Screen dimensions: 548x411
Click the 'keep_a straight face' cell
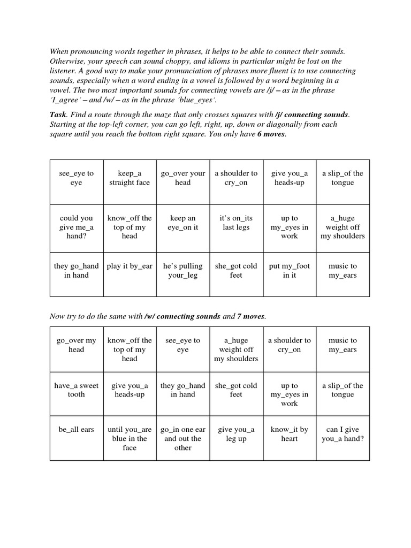(130, 178)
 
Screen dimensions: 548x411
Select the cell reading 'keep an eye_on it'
(183, 223)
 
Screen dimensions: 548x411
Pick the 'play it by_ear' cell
(130, 266)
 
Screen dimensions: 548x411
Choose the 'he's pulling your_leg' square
(183, 270)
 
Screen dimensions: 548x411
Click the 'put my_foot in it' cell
(289, 270)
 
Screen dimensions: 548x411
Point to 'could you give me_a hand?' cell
(77, 227)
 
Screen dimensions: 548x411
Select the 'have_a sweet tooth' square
(77, 390)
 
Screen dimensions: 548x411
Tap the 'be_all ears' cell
(77, 429)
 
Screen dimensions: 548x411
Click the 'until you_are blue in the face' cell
(130, 438)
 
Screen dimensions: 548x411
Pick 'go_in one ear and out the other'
(183, 438)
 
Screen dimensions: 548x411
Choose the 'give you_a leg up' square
(236, 434)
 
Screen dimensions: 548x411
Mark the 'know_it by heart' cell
(289, 434)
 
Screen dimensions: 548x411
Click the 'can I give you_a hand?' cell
(342, 434)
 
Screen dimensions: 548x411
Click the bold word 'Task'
(58, 115)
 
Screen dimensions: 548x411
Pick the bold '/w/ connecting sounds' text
(182, 316)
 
